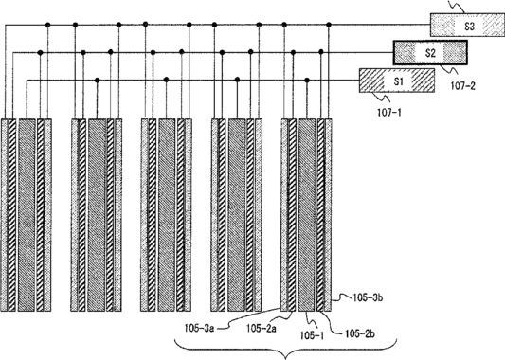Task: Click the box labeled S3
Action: (x=468, y=26)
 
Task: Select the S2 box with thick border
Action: (x=430, y=52)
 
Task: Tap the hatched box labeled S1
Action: (x=397, y=81)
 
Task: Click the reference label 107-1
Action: (x=389, y=113)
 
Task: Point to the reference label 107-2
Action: (x=462, y=85)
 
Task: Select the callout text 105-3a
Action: (x=199, y=328)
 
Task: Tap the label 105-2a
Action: (x=262, y=328)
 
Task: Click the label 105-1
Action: (x=312, y=335)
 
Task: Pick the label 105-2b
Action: (x=360, y=333)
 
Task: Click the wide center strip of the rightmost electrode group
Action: (x=307, y=215)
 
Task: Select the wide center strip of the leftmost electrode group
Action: (x=27, y=215)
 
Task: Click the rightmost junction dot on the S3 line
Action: (x=329, y=25)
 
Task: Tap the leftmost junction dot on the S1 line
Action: (x=97, y=80)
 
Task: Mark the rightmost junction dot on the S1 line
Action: (x=307, y=80)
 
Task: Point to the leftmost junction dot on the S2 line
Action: (x=40, y=52)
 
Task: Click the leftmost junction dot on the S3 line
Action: (x=47, y=25)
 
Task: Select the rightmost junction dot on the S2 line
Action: (x=321, y=52)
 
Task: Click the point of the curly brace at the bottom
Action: (x=285, y=358)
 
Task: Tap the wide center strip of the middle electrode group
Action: (x=167, y=215)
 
